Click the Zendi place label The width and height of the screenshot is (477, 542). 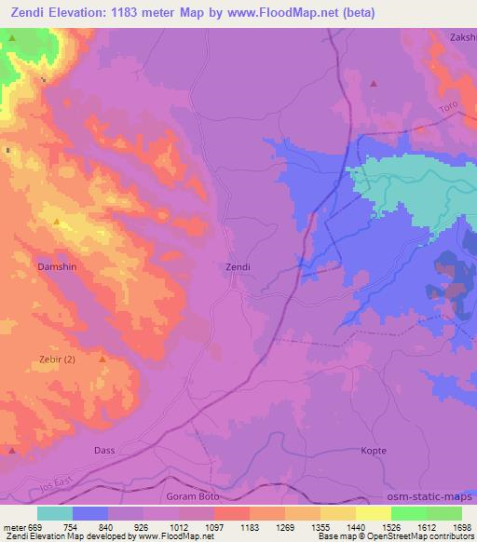[x=238, y=266]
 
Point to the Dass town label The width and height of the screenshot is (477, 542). [x=105, y=450]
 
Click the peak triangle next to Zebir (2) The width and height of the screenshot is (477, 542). [x=102, y=359]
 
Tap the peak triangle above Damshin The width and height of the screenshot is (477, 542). [x=57, y=222]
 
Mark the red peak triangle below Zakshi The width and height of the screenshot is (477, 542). [x=374, y=83]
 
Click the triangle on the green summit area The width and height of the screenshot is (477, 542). [x=13, y=37]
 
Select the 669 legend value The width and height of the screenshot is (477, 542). [x=29, y=525]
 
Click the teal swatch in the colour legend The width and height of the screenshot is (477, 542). [x=55, y=513]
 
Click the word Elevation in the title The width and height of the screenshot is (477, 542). [x=86, y=12]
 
